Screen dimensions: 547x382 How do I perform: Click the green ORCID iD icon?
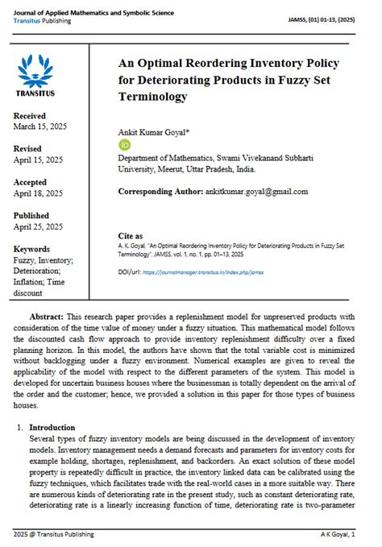[x=124, y=144]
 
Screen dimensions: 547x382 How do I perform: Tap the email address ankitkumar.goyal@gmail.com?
[x=256, y=192]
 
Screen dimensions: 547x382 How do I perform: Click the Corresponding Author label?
[x=160, y=192]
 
